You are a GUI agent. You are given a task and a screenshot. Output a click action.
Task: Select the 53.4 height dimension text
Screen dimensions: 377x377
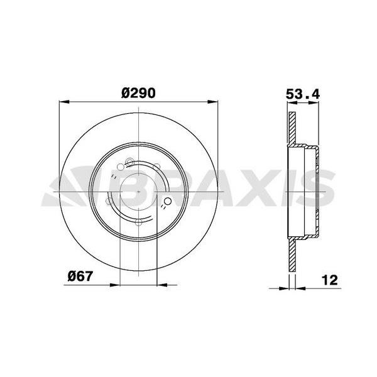click(303, 94)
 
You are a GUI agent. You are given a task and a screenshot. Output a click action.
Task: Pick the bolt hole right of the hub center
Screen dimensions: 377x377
click(168, 202)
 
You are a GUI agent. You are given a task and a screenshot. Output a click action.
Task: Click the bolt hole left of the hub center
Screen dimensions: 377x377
click(109, 202)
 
